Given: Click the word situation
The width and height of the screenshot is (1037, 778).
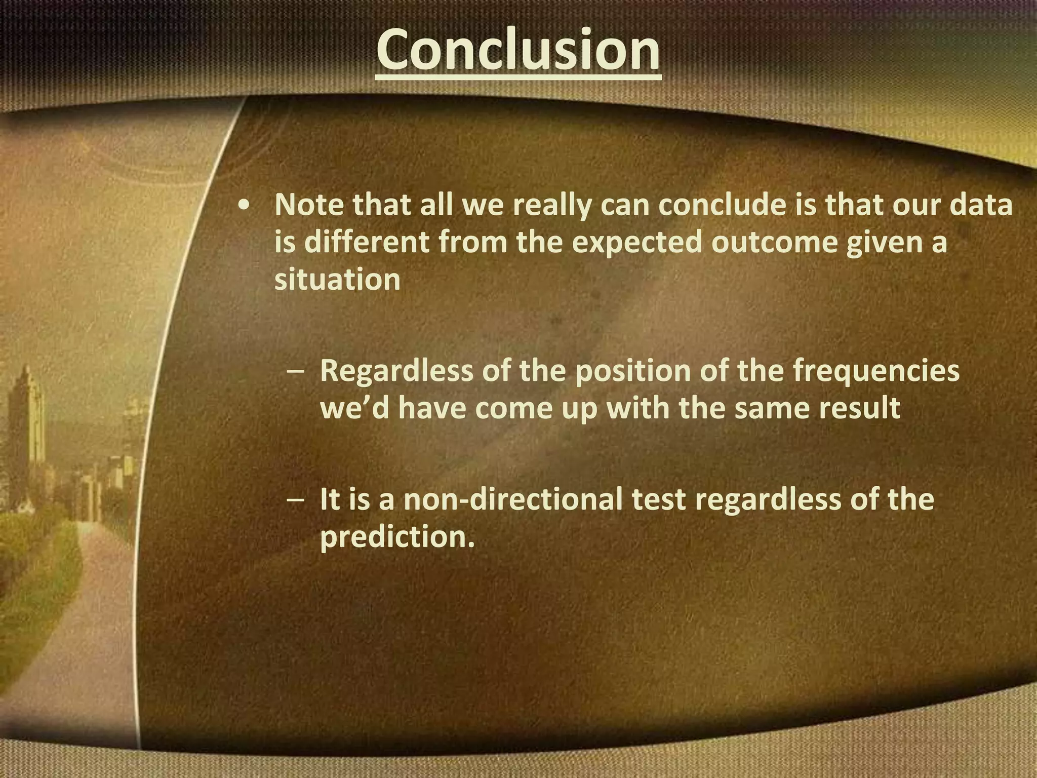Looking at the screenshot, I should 337,279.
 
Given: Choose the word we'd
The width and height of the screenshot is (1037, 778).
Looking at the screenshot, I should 354,408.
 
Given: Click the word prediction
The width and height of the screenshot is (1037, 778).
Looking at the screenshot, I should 397,537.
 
